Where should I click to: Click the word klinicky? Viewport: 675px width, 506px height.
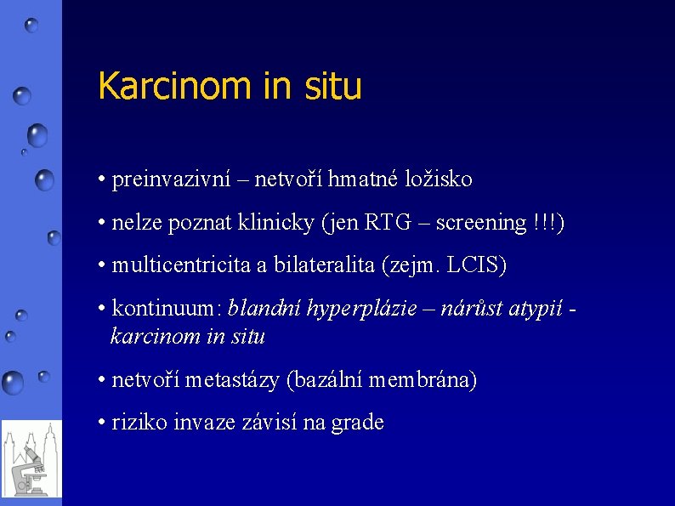pos(281,223)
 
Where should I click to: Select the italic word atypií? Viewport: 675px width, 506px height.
pos(535,308)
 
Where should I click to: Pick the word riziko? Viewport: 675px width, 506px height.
pos(139,422)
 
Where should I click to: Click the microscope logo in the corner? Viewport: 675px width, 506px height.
pos(31,458)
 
